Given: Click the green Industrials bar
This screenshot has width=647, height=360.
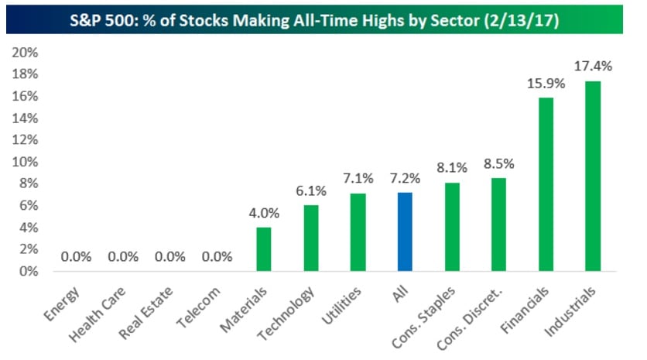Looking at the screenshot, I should point(593,177).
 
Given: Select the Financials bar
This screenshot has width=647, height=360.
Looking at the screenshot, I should point(546,184).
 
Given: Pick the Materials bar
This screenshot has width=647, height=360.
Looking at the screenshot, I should point(264,249).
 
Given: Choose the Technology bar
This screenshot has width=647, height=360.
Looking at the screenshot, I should point(311,238).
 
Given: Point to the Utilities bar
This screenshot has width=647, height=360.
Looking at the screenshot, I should point(358,232).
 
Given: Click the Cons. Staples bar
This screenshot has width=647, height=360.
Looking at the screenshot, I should point(452,227).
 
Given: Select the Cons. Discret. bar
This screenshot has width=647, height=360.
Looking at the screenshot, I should point(499,225).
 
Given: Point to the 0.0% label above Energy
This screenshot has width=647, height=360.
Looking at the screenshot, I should point(77,256).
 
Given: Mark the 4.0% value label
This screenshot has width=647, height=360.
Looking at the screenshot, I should point(264,213).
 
